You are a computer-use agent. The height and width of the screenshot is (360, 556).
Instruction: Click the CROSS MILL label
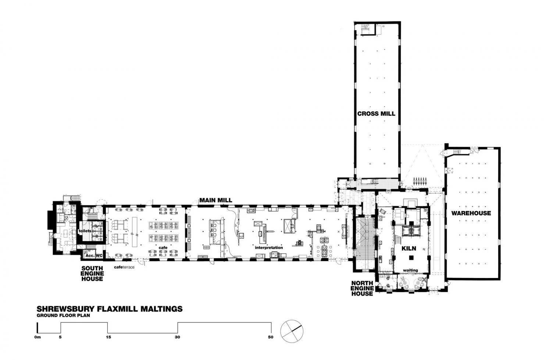pyautogui.click(x=376, y=114)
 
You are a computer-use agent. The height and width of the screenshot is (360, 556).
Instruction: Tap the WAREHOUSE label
pyautogui.click(x=471, y=213)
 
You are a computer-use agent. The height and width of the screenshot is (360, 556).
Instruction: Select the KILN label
pyautogui.click(x=409, y=248)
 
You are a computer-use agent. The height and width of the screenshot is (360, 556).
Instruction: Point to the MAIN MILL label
pyautogui.click(x=216, y=200)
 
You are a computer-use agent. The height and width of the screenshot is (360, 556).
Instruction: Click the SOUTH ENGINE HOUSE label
pyautogui.click(x=92, y=273)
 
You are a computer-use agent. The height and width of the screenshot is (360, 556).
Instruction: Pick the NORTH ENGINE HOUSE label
pyautogui.click(x=362, y=288)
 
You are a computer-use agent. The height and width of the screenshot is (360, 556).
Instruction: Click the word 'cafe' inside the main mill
pyautogui.click(x=163, y=247)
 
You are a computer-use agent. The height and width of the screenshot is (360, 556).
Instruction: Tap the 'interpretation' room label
pyautogui.click(x=269, y=247)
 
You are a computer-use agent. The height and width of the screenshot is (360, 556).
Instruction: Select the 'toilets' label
pyautogui.click(x=85, y=231)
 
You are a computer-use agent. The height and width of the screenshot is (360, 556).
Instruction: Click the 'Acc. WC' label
pyautogui.click(x=94, y=256)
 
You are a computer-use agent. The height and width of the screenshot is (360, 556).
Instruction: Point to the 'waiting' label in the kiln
pyautogui.click(x=410, y=270)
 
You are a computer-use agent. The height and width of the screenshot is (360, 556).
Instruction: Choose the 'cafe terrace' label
pyautogui.click(x=124, y=267)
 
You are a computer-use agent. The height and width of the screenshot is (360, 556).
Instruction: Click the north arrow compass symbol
pyautogui.click(x=292, y=331)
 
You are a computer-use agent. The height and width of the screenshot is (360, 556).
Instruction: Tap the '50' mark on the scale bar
pyautogui.click(x=271, y=337)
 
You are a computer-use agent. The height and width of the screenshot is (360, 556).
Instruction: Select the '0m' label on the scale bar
pyautogui.click(x=38, y=337)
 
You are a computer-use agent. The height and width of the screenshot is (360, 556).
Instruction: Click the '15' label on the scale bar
pyautogui.click(x=108, y=337)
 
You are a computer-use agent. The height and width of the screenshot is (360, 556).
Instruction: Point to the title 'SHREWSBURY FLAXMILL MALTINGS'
pyautogui.click(x=110, y=309)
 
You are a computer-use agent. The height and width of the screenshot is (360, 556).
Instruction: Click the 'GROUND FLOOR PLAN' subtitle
pyautogui.click(x=63, y=316)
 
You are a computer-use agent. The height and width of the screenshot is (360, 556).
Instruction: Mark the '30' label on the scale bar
pyautogui.click(x=177, y=337)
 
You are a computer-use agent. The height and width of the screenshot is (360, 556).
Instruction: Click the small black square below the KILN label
pyautogui.click(x=411, y=258)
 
